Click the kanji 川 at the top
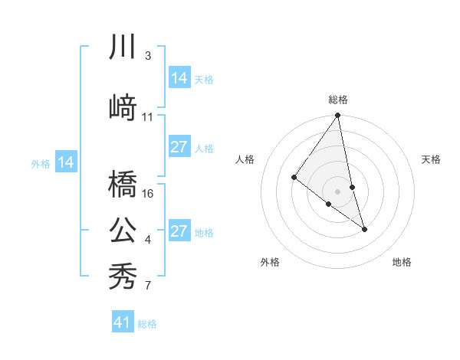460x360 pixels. [x=123, y=48]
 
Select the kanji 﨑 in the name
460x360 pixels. [x=123, y=108]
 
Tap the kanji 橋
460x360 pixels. [x=123, y=185]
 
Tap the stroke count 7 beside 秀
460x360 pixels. [x=148, y=286]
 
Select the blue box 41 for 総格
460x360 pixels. [x=123, y=322]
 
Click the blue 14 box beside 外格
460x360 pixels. [x=66, y=162]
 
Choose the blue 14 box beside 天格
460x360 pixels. [x=179, y=77]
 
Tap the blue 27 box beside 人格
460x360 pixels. [x=179, y=147]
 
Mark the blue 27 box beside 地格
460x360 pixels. [x=179, y=231]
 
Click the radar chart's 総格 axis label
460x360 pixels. [x=338, y=100]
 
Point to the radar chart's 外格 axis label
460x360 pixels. [x=270, y=262]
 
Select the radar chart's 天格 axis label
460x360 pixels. [x=432, y=159]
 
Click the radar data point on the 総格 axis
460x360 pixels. [x=338, y=116]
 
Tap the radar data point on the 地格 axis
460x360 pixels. [x=364, y=228]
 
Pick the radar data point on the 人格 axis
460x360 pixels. [x=294, y=177]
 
